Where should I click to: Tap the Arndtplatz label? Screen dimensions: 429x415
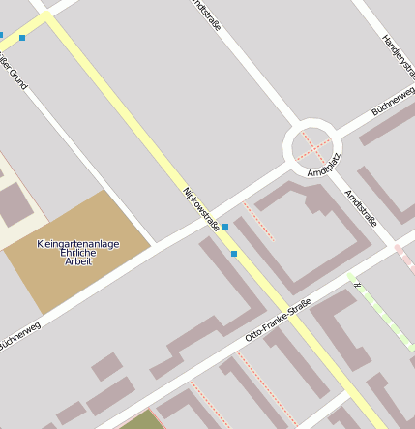(324, 162)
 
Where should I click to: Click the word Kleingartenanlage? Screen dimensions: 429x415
(77, 244)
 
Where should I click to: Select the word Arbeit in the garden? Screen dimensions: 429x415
(78, 262)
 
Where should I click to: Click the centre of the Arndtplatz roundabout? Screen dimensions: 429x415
(313, 147)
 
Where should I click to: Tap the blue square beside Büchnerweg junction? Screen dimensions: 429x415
(225, 227)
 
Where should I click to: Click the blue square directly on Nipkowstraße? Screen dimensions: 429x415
(234, 254)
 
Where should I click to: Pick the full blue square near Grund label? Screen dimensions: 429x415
(22, 38)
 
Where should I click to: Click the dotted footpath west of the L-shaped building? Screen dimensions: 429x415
(258, 222)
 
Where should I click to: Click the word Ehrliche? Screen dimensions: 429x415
(78, 253)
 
